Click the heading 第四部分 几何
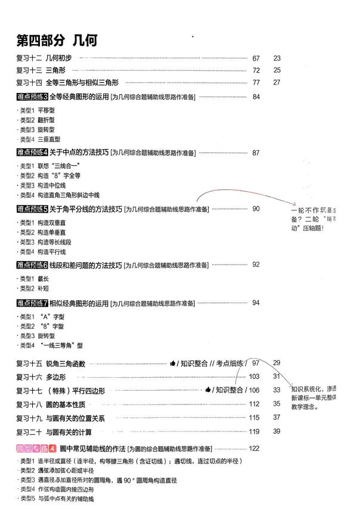click(x=57, y=41)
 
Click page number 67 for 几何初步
click(x=257, y=58)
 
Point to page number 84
click(x=257, y=97)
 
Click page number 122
click(x=255, y=449)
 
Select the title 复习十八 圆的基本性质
click(x=53, y=404)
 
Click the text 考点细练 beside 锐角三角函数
click(x=229, y=363)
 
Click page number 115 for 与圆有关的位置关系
click(x=255, y=418)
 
